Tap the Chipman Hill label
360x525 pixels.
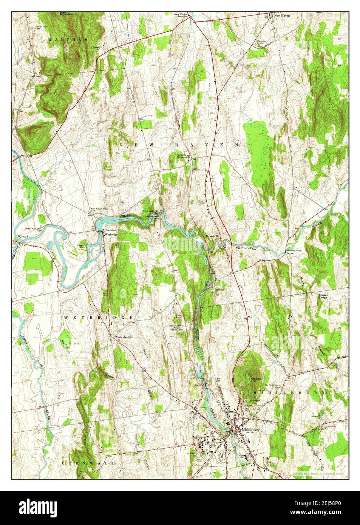click(256, 379)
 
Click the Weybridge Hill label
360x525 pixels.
click(124, 337)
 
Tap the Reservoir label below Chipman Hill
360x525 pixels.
click(244, 401)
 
